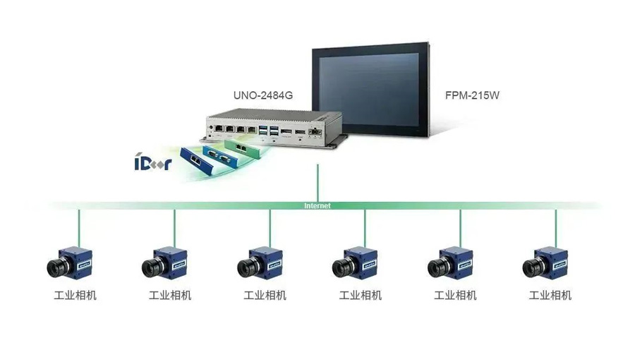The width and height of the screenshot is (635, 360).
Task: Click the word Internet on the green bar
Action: pyautogui.click(x=317, y=205)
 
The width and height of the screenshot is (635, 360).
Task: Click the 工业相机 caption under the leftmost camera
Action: pyautogui.click(x=75, y=295)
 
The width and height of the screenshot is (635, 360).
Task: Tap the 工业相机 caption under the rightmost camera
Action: pyautogui.click(x=550, y=295)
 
